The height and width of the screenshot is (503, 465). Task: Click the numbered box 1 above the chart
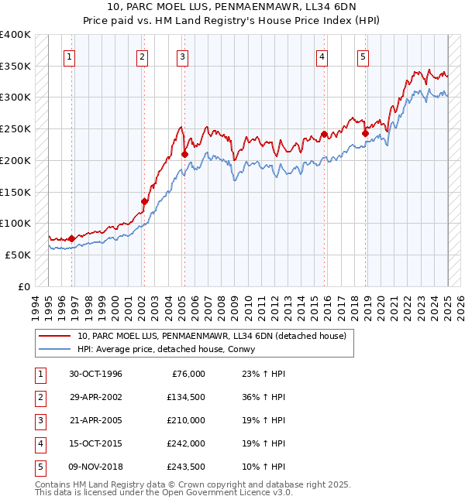click(70, 56)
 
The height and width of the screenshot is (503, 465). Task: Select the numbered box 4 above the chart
click(321, 56)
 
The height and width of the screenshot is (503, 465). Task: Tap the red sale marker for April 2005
click(184, 154)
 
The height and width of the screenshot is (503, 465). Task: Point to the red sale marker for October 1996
click(72, 238)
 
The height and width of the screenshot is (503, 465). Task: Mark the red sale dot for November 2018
click(364, 133)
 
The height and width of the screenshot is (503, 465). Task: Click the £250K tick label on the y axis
click(15, 128)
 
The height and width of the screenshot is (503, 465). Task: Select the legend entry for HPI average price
click(166, 349)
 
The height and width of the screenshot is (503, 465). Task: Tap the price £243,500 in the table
click(185, 467)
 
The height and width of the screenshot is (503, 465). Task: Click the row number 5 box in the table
click(40, 467)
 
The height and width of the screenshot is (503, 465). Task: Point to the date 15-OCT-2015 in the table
click(95, 443)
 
